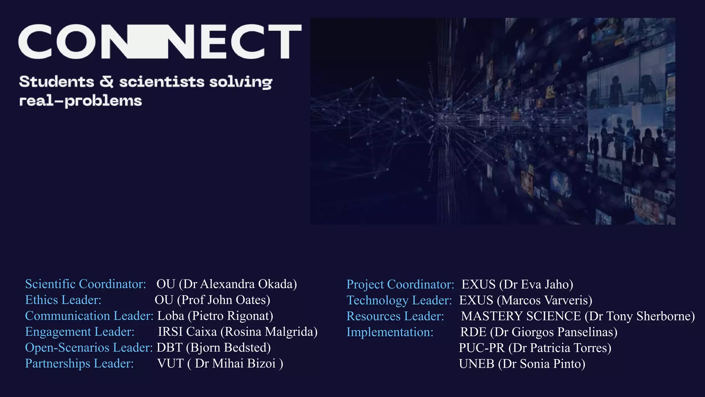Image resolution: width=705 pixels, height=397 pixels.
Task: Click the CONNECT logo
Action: (x=160, y=41)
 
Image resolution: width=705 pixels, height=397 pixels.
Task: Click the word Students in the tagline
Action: (x=56, y=82)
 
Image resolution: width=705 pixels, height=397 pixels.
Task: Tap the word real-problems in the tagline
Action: (x=81, y=101)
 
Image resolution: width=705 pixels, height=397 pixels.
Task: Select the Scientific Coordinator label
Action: (x=86, y=284)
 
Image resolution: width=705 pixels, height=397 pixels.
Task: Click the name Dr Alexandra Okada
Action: (x=240, y=284)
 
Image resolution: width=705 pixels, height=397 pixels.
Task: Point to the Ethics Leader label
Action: (x=63, y=300)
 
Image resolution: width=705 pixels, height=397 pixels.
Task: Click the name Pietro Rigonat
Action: (x=232, y=316)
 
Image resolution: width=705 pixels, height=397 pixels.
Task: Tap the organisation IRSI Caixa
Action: (x=187, y=332)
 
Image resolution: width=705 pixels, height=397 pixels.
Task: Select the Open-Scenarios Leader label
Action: (x=89, y=347)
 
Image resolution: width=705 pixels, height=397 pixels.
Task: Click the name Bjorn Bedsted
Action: (x=228, y=347)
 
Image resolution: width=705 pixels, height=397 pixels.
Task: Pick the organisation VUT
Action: (x=170, y=364)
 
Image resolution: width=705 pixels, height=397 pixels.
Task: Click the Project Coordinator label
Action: (x=400, y=284)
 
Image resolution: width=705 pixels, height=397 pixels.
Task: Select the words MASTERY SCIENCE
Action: (x=521, y=316)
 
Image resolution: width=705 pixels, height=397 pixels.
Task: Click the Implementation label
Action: (x=390, y=332)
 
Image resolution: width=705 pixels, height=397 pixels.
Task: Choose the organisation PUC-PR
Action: (x=482, y=348)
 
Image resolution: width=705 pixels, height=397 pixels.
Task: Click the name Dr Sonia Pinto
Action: (x=542, y=364)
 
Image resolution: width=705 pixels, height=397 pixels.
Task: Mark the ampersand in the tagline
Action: (x=107, y=82)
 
